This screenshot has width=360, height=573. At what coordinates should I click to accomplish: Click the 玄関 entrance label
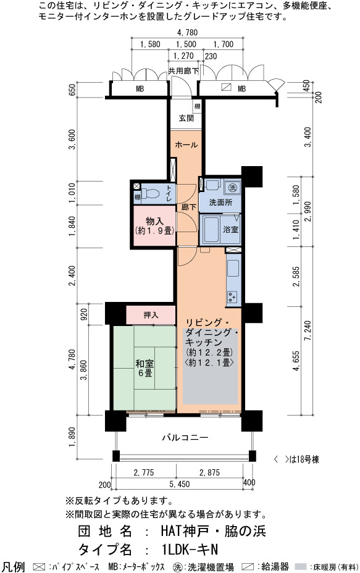click(186, 119)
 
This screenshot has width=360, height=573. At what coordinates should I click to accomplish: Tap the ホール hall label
click(186, 144)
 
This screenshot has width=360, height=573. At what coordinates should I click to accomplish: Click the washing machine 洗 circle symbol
click(232, 188)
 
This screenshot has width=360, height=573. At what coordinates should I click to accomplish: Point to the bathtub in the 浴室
click(211, 230)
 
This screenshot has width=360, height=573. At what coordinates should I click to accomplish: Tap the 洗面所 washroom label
click(220, 203)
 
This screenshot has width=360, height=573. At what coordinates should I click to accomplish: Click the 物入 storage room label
click(154, 222)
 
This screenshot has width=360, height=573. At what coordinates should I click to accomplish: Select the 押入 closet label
click(151, 315)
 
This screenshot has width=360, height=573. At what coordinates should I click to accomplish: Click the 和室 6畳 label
click(144, 369)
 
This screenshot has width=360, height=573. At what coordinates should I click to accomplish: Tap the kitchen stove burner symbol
click(232, 296)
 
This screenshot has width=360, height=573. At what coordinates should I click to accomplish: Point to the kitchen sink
click(233, 268)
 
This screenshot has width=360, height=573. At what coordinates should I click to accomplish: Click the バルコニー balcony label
click(185, 437)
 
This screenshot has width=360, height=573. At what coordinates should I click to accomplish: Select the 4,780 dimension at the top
click(188, 33)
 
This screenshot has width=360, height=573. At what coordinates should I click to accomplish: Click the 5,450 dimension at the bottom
click(180, 484)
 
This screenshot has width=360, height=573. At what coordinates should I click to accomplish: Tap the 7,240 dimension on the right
click(308, 331)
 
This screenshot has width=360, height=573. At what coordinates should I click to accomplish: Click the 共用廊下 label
click(183, 71)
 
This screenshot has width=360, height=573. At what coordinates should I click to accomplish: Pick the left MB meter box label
click(140, 89)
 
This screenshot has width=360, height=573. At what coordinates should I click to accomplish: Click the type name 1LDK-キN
click(190, 550)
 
